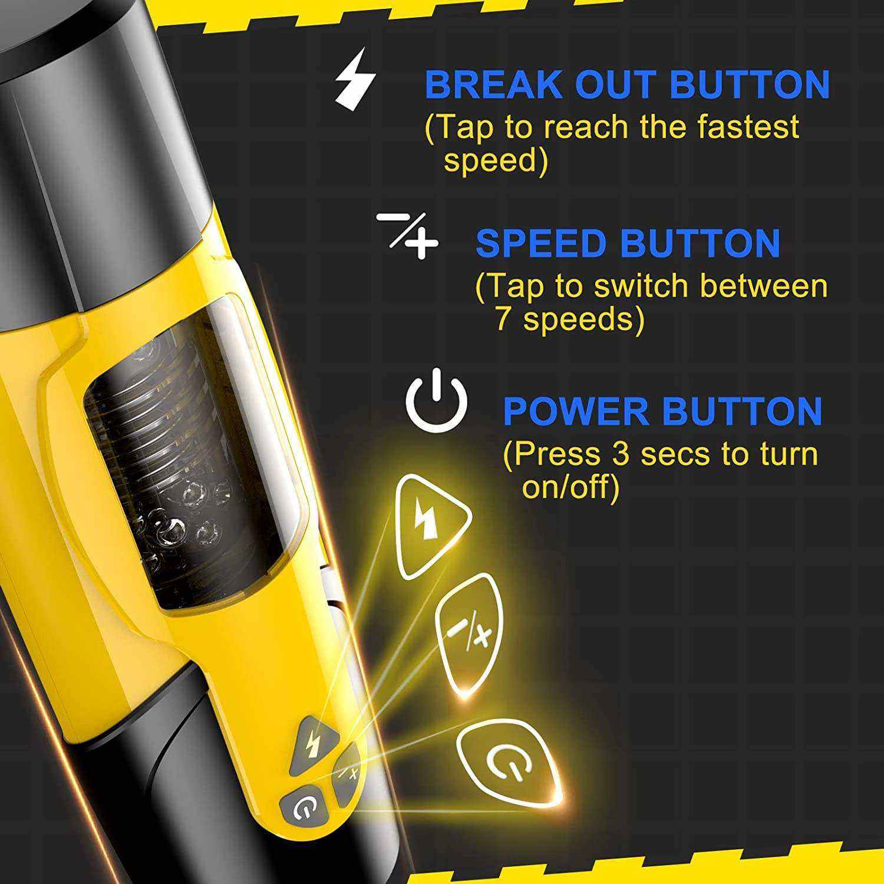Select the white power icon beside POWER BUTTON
point(436,399)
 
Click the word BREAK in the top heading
point(494,84)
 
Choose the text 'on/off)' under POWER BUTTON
point(570,488)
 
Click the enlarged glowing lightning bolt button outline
point(433,526)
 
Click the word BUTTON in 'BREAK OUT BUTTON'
point(750,84)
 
